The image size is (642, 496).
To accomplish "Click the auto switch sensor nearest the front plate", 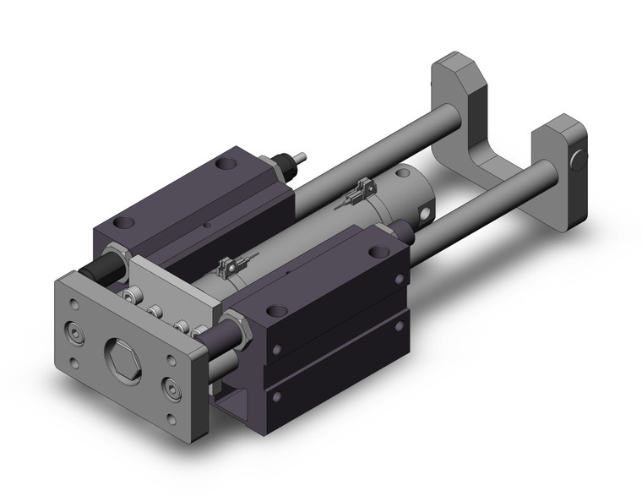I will point(227,269).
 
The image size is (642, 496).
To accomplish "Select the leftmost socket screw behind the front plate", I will point(131,295).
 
